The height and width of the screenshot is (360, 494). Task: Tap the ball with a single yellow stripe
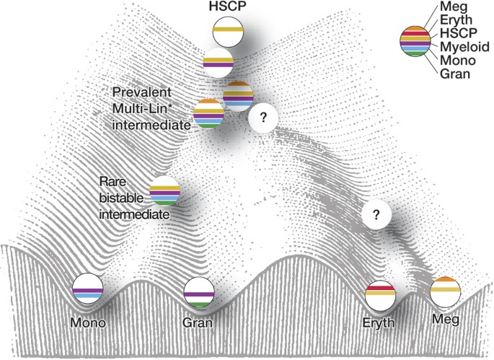pyautogui.click(x=228, y=32)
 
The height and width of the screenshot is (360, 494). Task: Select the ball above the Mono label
pyautogui.click(x=87, y=289)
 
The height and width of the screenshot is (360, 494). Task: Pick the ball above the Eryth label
pyautogui.click(x=379, y=292)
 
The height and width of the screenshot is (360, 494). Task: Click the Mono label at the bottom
pyautogui.click(x=88, y=322)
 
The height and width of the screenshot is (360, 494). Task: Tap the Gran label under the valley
pyautogui.click(x=198, y=322)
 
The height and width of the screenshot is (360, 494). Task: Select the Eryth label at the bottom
pyautogui.click(x=379, y=324)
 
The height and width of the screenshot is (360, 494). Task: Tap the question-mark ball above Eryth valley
pyautogui.click(x=376, y=213)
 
